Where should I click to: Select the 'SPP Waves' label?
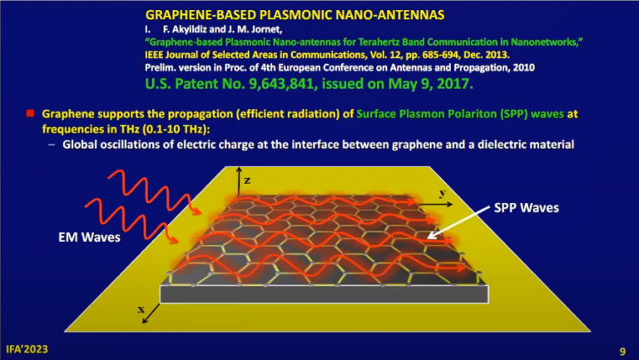[x=525, y=207]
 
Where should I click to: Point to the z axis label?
[x=246, y=179]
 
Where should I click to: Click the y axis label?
[x=442, y=193]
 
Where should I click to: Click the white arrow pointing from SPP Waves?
[x=457, y=224]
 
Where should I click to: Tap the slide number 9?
[x=622, y=350]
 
